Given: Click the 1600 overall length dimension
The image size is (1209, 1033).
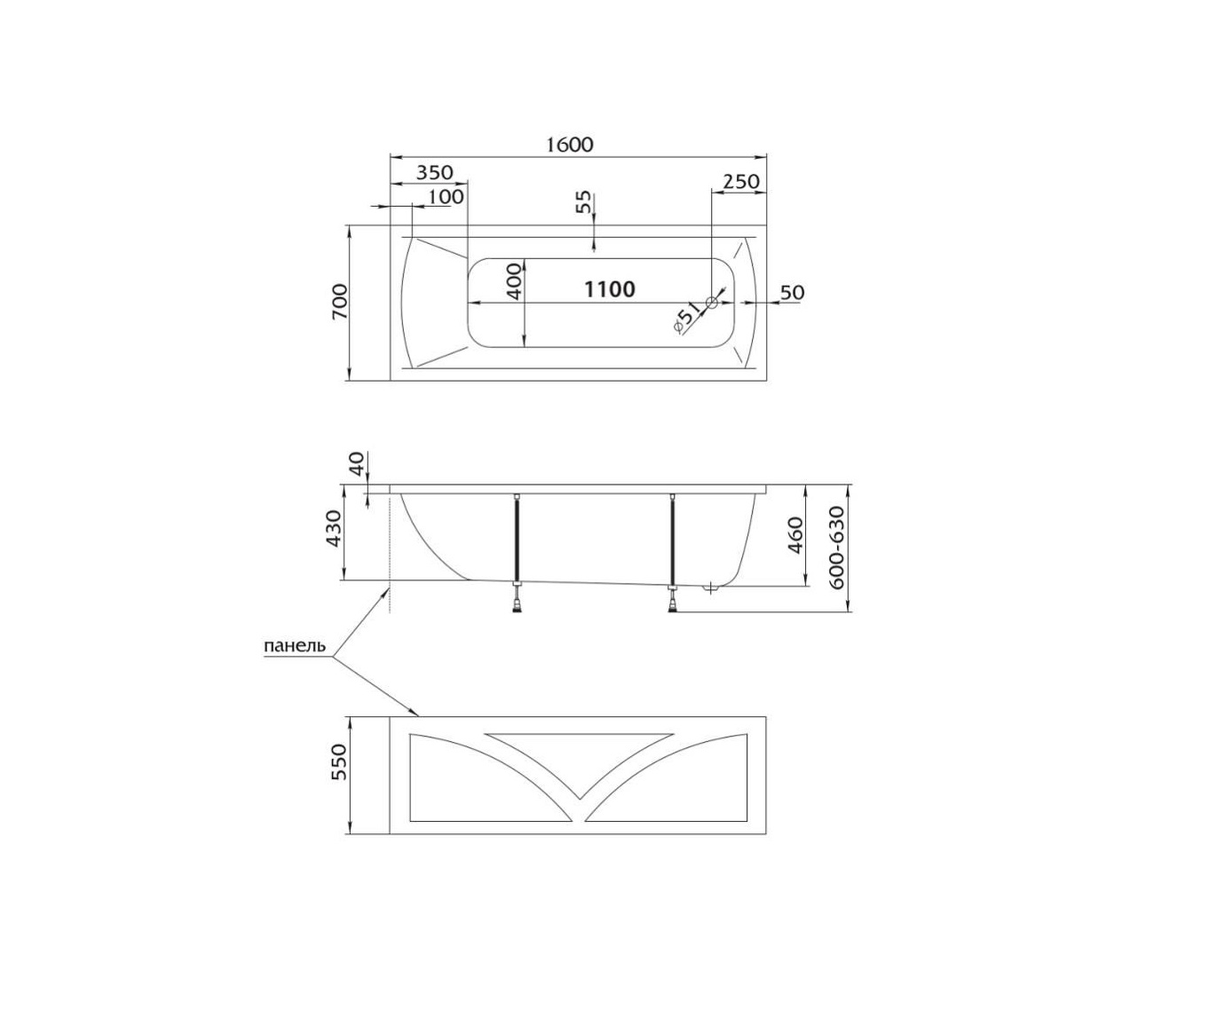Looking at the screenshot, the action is pyautogui.click(x=570, y=144).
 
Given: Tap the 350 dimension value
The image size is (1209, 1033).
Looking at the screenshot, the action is pyautogui.click(x=435, y=172).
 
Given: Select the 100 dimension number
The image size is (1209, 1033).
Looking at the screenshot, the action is pyautogui.click(x=446, y=196).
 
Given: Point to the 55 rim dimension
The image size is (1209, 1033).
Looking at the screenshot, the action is pyautogui.click(x=583, y=203).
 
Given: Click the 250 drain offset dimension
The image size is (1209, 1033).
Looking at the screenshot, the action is pyautogui.click(x=741, y=181).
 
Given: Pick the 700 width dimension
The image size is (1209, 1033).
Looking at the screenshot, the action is pyautogui.click(x=340, y=302).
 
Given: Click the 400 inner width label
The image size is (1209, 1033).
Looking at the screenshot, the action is pyautogui.click(x=513, y=281).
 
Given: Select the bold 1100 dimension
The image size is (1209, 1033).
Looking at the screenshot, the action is pyautogui.click(x=610, y=289).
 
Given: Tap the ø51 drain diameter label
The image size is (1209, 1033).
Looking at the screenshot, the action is pyautogui.click(x=686, y=318).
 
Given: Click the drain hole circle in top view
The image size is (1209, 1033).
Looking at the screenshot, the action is pyautogui.click(x=711, y=303).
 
